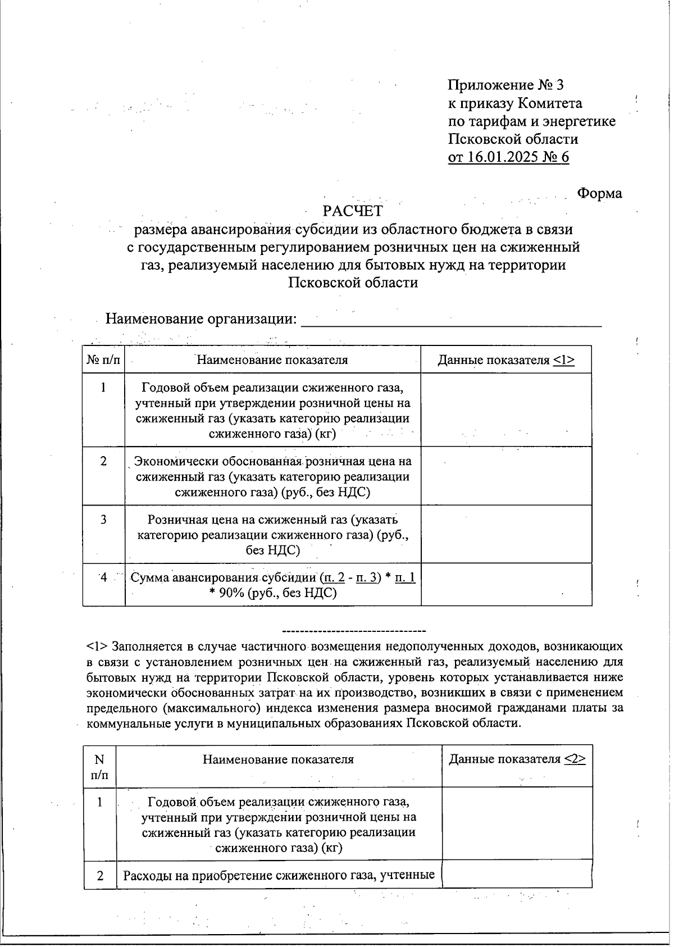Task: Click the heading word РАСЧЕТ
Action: (352, 211)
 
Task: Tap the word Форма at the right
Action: (599, 193)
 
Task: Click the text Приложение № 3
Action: (505, 85)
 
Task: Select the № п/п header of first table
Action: (103, 360)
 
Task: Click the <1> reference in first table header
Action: (563, 360)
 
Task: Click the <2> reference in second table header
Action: (575, 759)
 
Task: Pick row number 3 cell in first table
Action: (103, 520)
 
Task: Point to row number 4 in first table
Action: (103, 577)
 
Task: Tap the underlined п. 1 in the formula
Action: (405, 577)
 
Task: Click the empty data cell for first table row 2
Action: (506, 476)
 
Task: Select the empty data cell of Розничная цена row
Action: (506, 534)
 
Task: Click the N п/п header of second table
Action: (99, 767)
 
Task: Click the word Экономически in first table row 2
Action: (176, 462)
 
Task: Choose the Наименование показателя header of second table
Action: (278, 760)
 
